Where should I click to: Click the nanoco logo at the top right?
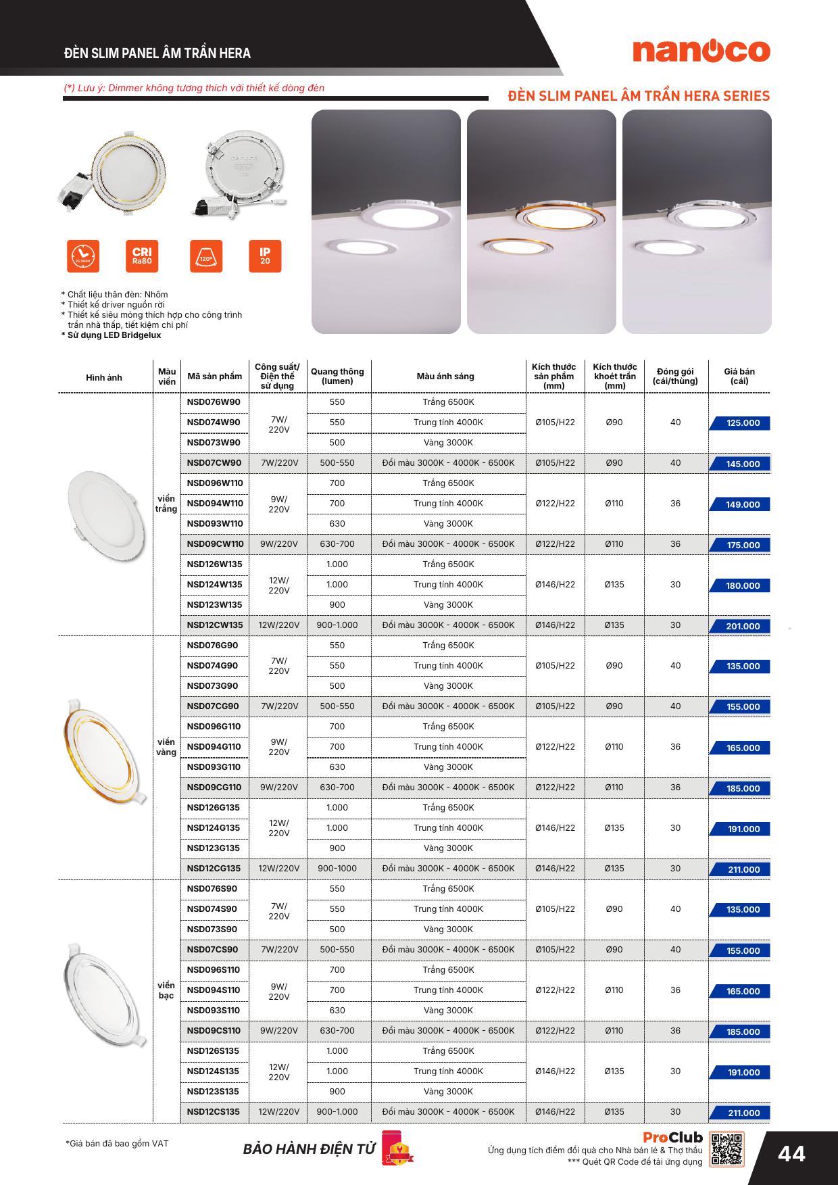[701, 51]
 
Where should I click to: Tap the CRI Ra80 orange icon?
[142, 256]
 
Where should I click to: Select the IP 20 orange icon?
[265, 256]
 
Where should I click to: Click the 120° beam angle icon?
[206, 256]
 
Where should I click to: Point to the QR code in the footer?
[727, 1149]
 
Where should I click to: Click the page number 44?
[791, 1153]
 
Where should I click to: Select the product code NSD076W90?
[214, 402]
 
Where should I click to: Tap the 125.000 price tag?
[741, 423]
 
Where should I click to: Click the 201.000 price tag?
[741, 626]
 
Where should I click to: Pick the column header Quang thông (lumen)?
[337, 377]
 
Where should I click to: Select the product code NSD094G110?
[214, 747]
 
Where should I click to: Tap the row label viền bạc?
[166, 990]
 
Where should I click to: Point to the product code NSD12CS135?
[214, 1112]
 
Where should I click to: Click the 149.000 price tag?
[741, 504]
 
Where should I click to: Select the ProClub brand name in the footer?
[672, 1138]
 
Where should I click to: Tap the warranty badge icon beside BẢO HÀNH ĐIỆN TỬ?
[395, 1148]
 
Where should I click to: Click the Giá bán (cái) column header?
[739, 377]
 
